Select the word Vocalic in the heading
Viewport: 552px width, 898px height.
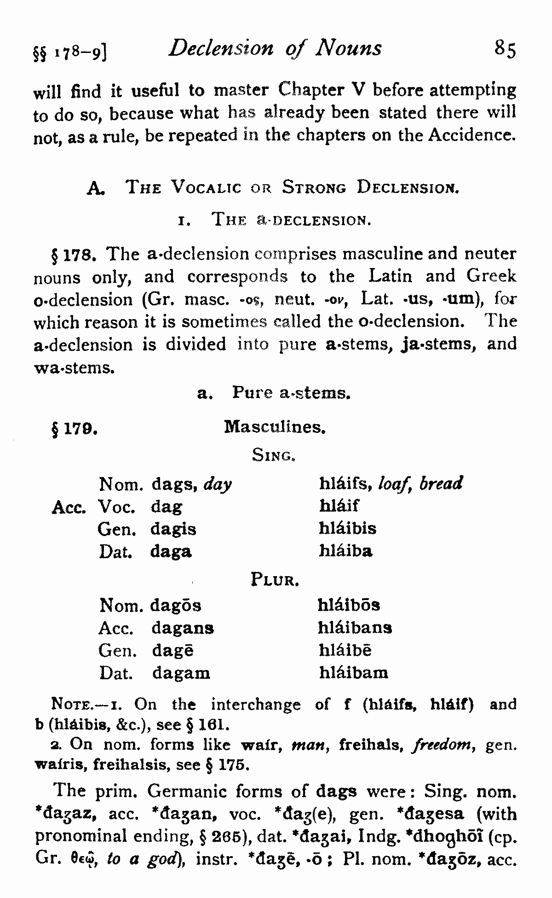click(x=206, y=188)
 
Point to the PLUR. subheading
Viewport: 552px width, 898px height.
click(x=275, y=579)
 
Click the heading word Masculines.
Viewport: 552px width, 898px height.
click(x=275, y=427)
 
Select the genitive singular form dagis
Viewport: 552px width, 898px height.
click(x=173, y=529)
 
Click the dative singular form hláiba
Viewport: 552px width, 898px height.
click(x=346, y=551)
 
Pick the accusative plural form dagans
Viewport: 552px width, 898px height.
click(x=183, y=628)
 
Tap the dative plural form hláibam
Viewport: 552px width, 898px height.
click(x=354, y=673)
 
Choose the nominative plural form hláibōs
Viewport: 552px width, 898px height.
click(x=349, y=605)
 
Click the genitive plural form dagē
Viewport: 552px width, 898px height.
click(x=172, y=651)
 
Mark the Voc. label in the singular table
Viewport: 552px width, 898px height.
click(x=117, y=507)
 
